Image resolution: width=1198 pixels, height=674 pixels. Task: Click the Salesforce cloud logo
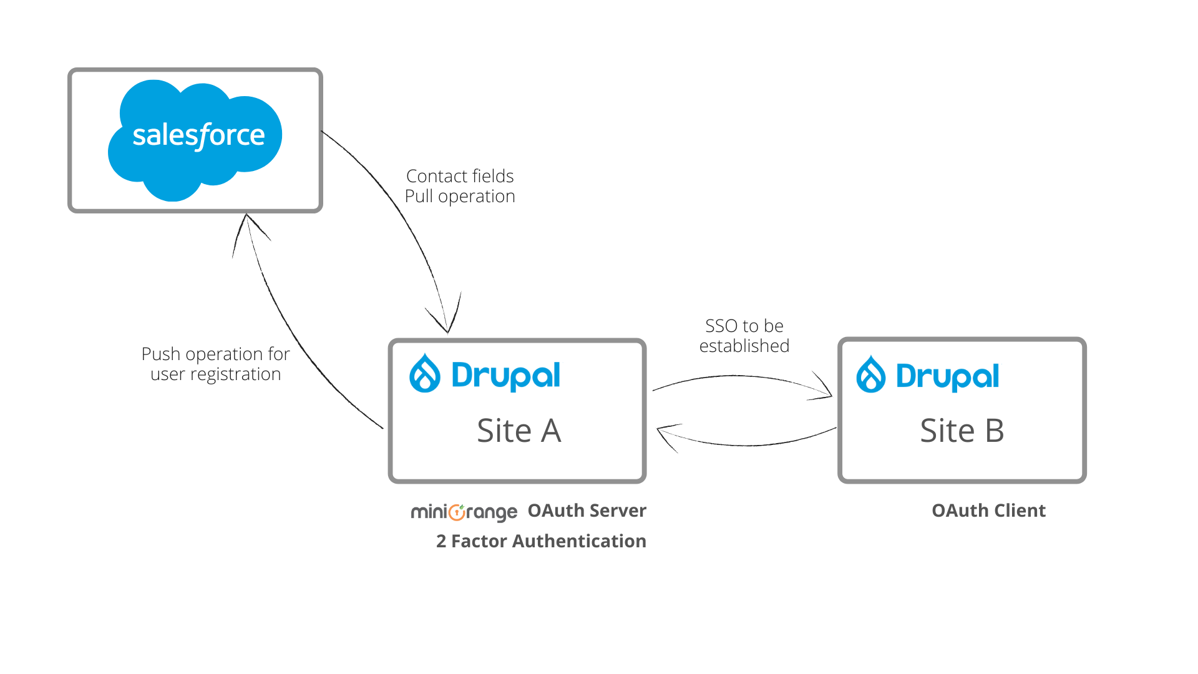click(x=195, y=140)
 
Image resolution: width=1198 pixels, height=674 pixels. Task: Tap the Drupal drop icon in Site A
click(x=425, y=373)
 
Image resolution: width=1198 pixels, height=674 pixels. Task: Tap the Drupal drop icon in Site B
click(x=871, y=374)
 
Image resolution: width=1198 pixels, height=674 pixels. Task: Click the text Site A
click(x=519, y=431)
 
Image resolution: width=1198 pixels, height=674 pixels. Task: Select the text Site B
click(x=962, y=431)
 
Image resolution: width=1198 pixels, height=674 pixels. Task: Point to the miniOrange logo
click(x=464, y=512)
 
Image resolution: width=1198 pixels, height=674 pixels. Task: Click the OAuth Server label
click(x=587, y=510)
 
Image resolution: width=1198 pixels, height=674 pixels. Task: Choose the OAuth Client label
click(x=989, y=510)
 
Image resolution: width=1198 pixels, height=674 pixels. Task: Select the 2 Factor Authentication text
click(x=541, y=541)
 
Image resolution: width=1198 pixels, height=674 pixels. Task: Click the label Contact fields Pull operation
click(x=460, y=186)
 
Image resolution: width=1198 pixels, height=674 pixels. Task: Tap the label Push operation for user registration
click(x=216, y=364)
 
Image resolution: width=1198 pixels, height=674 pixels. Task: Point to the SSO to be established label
click(x=744, y=336)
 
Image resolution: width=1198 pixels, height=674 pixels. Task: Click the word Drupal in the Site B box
click(x=948, y=376)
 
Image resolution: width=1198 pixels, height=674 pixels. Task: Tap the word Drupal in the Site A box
click(x=505, y=376)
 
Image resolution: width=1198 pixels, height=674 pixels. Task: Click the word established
click(x=744, y=346)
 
